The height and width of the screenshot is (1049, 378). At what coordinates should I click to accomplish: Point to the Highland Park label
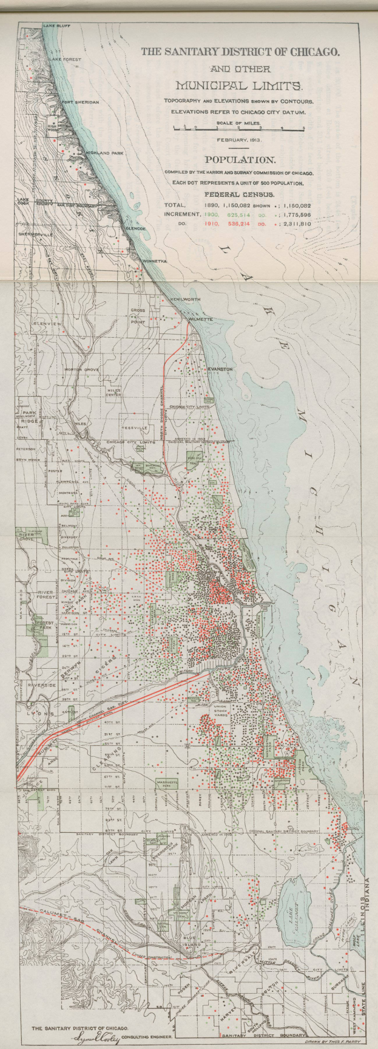pyautogui.click(x=104, y=153)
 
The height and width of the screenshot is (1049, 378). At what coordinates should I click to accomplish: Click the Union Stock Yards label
pyautogui.click(x=225, y=712)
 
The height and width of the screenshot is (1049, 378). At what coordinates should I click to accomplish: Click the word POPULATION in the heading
pyautogui.click(x=240, y=160)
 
